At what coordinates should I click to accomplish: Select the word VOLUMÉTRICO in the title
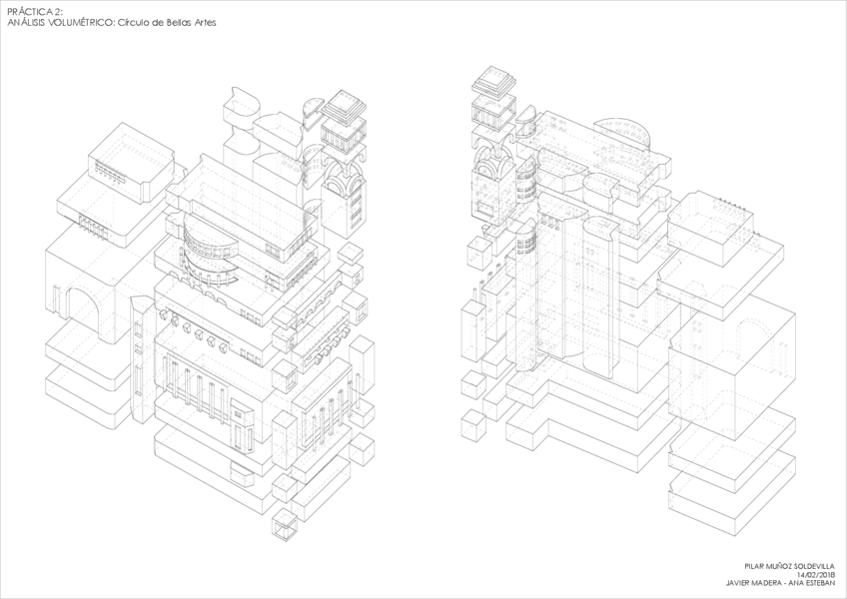tap(81, 21)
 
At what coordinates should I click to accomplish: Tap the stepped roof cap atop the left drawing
tap(346, 103)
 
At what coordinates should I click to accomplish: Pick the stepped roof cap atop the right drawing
tap(492, 80)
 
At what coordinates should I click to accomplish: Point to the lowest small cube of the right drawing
tap(472, 425)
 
